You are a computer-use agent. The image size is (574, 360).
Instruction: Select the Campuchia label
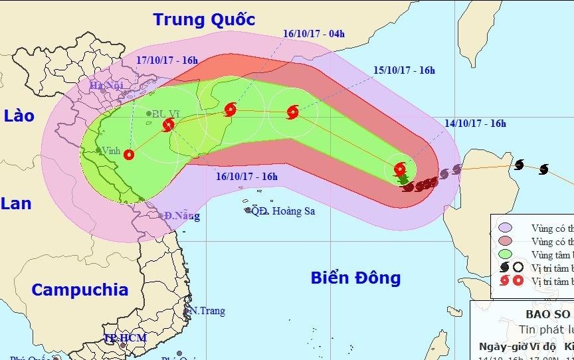coord(80,290)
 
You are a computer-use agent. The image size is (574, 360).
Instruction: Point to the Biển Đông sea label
coord(356,277)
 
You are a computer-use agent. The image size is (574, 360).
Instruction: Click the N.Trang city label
coord(207,310)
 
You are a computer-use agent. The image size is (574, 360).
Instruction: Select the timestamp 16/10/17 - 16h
coord(247,176)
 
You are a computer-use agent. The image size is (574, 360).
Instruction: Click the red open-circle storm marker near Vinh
coord(129,155)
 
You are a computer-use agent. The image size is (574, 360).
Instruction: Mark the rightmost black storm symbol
coord(543,169)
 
